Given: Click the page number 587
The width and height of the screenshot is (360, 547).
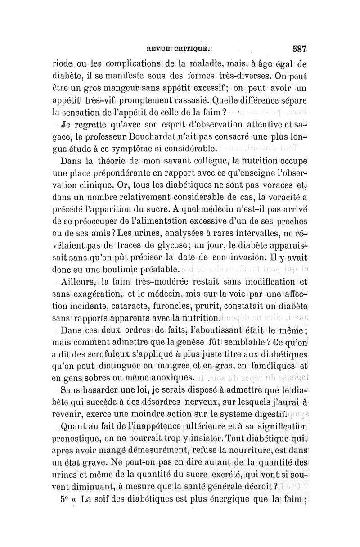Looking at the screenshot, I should tap(299, 47).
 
